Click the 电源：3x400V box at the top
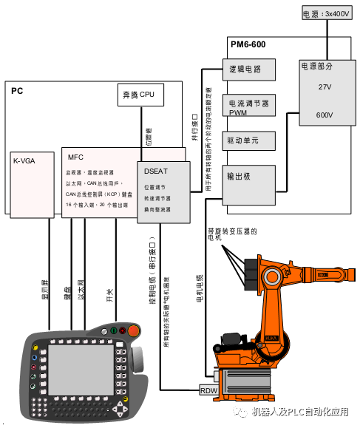(x=325, y=14)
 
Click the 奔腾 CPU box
(x=140, y=95)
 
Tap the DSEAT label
(x=157, y=171)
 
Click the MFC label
(x=76, y=157)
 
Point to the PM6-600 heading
(x=248, y=44)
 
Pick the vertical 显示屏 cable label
(x=45, y=295)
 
